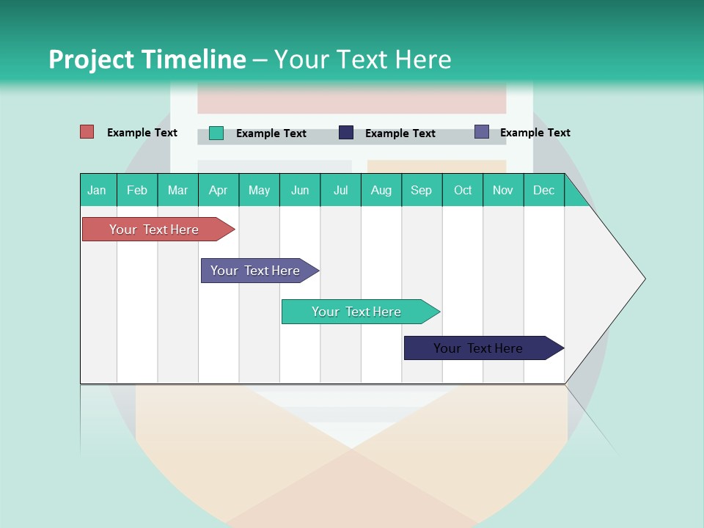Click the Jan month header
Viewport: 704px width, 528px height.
click(98, 190)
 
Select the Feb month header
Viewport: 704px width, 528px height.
click(137, 190)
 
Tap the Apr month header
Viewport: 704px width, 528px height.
click(218, 190)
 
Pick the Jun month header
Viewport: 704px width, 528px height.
click(300, 190)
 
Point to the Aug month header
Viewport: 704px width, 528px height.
click(381, 190)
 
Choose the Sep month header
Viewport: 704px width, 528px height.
click(421, 190)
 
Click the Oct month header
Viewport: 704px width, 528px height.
click(463, 190)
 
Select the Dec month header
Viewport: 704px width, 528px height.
click(543, 190)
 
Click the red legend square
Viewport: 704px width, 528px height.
click(87, 132)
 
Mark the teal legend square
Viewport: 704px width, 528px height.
click(216, 133)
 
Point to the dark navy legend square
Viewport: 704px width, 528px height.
click(346, 133)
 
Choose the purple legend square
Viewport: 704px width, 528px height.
click(482, 132)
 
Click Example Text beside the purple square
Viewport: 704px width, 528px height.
click(535, 133)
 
